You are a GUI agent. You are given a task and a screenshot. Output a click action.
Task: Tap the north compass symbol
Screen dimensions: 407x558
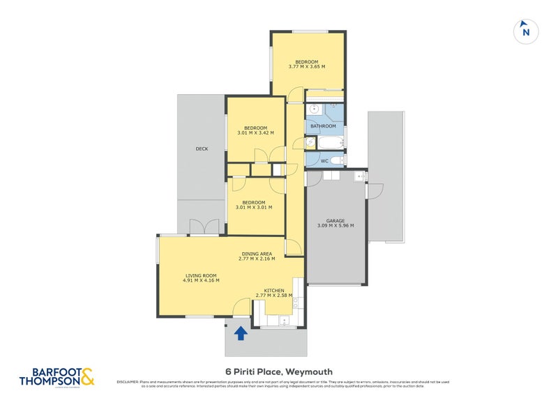pyautogui.click(x=527, y=31)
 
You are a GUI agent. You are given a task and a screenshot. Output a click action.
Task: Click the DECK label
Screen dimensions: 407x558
pyautogui.click(x=202, y=148)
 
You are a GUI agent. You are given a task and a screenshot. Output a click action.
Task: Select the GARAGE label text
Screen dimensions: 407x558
pyautogui.click(x=335, y=221)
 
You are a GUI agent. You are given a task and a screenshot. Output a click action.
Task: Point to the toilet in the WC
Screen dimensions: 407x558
pyautogui.click(x=336, y=161)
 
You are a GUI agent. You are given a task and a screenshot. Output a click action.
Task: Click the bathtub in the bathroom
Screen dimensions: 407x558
pyautogui.click(x=329, y=142)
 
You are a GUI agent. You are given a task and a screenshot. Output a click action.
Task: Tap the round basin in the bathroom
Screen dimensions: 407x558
pyautogui.click(x=315, y=109)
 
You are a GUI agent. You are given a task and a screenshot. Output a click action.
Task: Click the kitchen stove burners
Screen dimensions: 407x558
pyautogui.click(x=296, y=302)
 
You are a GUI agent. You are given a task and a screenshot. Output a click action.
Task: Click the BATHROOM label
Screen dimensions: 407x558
pyautogui.click(x=323, y=126)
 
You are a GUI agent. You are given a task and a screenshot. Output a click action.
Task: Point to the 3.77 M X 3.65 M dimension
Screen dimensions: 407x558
pyautogui.click(x=307, y=67)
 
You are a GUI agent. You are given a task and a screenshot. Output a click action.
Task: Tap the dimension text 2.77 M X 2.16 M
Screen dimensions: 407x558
pyautogui.click(x=256, y=259)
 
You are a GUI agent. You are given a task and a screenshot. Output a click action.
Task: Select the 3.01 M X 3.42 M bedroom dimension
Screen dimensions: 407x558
pyautogui.click(x=255, y=132)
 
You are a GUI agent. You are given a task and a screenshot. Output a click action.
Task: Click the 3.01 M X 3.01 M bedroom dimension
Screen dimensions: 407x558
pyautogui.click(x=255, y=208)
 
